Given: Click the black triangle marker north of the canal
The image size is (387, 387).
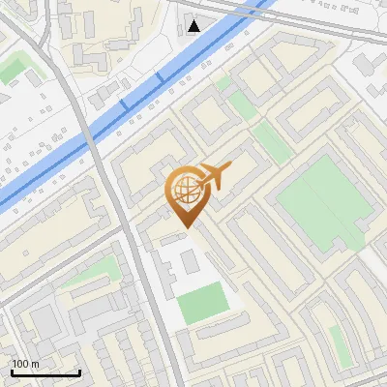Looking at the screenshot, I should click(x=195, y=25).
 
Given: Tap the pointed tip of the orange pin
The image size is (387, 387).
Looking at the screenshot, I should click(x=185, y=226).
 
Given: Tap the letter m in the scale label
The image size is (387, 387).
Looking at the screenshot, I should click(x=36, y=364).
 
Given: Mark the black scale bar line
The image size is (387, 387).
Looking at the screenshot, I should click(x=45, y=372).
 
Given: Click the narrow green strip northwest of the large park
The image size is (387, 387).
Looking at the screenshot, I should click(x=271, y=143).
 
